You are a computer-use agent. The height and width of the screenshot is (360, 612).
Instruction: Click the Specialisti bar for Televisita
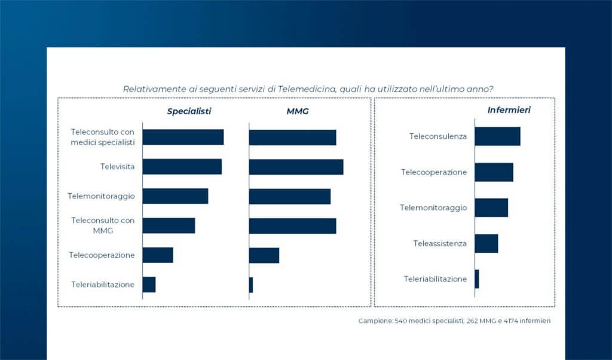point(182,166)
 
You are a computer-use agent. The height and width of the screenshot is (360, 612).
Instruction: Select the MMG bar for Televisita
point(296,166)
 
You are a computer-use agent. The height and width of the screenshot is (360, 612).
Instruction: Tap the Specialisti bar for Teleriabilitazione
point(149,285)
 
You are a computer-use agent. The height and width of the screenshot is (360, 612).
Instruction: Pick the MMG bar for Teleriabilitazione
point(251,285)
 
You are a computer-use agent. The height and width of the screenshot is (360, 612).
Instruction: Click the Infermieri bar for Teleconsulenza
point(497,136)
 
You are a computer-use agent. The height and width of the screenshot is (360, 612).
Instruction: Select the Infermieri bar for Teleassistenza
point(486,243)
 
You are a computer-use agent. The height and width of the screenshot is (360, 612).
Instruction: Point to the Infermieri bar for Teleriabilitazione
point(477,279)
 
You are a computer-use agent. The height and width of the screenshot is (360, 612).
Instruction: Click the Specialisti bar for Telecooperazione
point(158,255)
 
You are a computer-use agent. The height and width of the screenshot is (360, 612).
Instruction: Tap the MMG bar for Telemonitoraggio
point(290,196)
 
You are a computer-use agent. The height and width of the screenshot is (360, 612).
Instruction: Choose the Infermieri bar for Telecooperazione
point(494,172)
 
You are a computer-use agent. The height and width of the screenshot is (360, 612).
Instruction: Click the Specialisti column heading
point(189,111)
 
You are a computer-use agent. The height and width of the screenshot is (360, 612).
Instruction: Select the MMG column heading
point(298,111)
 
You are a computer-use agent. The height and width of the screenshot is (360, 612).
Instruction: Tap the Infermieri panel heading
point(509,110)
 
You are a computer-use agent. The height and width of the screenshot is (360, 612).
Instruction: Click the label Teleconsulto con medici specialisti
point(103,136)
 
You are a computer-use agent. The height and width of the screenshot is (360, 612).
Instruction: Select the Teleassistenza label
point(440,243)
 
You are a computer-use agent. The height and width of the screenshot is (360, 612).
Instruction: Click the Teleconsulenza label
point(438,136)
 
